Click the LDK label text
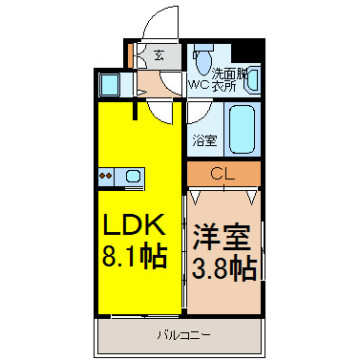(x=134, y=224)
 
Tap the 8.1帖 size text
(x=135, y=257)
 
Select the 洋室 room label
(x=222, y=237)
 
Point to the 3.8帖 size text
(x=224, y=269)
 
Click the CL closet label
(x=222, y=174)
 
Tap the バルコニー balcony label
(x=184, y=335)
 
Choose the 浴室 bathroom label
(x=204, y=140)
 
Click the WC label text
(x=200, y=85)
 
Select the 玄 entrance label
(x=159, y=56)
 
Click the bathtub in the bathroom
(x=243, y=130)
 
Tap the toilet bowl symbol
(x=203, y=60)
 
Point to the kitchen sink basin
(x=133, y=176)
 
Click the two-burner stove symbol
(x=106, y=176)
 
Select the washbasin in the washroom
(x=252, y=80)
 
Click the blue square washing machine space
(x=109, y=84)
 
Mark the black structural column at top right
(x=248, y=51)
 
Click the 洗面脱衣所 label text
(x=229, y=80)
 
